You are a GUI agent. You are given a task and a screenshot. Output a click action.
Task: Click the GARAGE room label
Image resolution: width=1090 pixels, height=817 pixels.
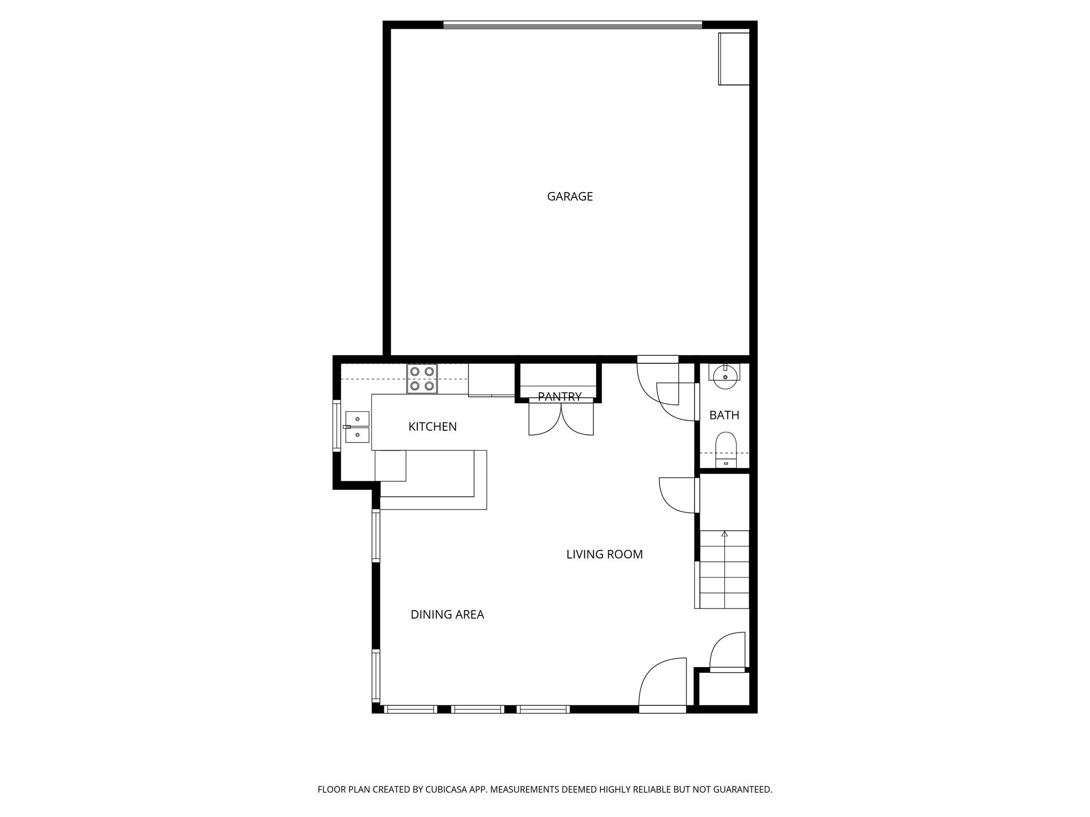pos(569,197)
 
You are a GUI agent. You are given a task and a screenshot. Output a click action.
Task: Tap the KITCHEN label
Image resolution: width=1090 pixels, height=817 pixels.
pos(432,427)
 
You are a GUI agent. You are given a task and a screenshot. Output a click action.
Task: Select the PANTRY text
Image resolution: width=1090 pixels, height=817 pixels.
pos(559,396)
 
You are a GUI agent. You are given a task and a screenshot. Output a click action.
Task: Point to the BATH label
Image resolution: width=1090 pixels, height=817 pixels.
pos(724,415)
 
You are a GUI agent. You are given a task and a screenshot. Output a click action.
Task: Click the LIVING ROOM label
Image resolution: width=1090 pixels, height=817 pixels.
pos(604,555)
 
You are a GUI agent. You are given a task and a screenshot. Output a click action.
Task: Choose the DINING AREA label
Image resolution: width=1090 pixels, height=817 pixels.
pos(447,615)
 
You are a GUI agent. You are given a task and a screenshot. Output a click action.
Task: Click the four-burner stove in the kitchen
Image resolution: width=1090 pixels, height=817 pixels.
pos(422,379)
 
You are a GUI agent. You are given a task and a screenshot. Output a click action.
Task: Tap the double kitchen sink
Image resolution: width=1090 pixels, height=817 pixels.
pos(357,427)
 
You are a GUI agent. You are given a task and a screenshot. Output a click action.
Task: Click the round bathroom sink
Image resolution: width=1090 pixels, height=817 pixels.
pos(725,377)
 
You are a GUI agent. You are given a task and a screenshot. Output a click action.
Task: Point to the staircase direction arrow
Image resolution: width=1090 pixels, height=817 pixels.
pos(724,533)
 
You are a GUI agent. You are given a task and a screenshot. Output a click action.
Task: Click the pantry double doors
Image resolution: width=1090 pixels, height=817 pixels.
pos(561,419)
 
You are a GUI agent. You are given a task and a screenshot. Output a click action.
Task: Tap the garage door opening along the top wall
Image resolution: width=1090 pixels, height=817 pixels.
pos(572,24)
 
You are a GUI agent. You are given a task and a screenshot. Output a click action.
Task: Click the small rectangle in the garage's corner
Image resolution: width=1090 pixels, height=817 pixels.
pos(734,59)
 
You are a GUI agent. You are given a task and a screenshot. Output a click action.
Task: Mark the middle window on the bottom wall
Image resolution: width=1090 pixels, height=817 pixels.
pos(477,709)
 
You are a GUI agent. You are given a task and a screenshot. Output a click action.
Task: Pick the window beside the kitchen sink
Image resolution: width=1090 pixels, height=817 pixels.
pos(336,426)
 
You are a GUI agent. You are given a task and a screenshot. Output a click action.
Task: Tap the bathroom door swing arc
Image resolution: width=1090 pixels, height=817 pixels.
pos(676,404)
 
